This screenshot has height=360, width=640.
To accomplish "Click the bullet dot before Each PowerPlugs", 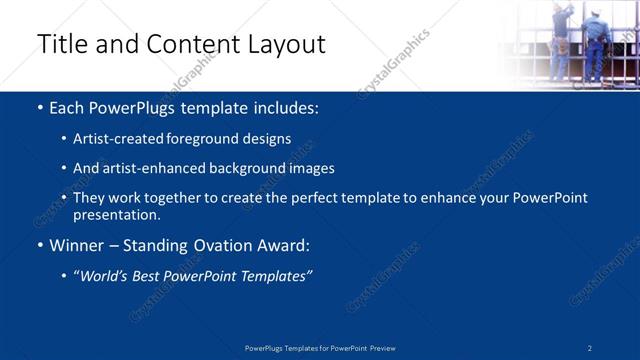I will pos(39,108).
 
